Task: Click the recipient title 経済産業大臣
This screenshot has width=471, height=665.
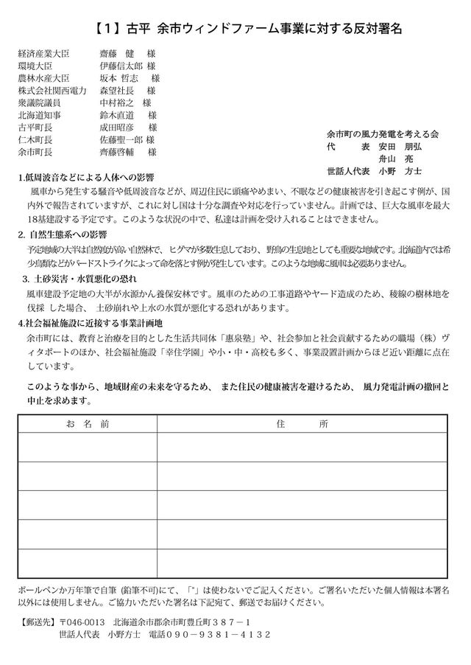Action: (x=45, y=54)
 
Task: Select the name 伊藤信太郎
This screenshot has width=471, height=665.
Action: (x=121, y=66)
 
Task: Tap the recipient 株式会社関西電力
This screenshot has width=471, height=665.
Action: (x=52, y=90)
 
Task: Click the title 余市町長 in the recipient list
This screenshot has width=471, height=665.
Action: (x=35, y=152)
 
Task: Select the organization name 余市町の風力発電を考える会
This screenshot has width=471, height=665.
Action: (x=383, y=134)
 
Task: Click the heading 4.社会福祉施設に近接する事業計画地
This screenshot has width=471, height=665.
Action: (x=94, y=323)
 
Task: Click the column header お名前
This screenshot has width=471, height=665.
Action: (x=87, y=425)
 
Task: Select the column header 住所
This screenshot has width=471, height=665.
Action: (x=302, y=425)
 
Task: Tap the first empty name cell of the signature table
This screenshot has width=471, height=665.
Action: (x=88, y=448)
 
